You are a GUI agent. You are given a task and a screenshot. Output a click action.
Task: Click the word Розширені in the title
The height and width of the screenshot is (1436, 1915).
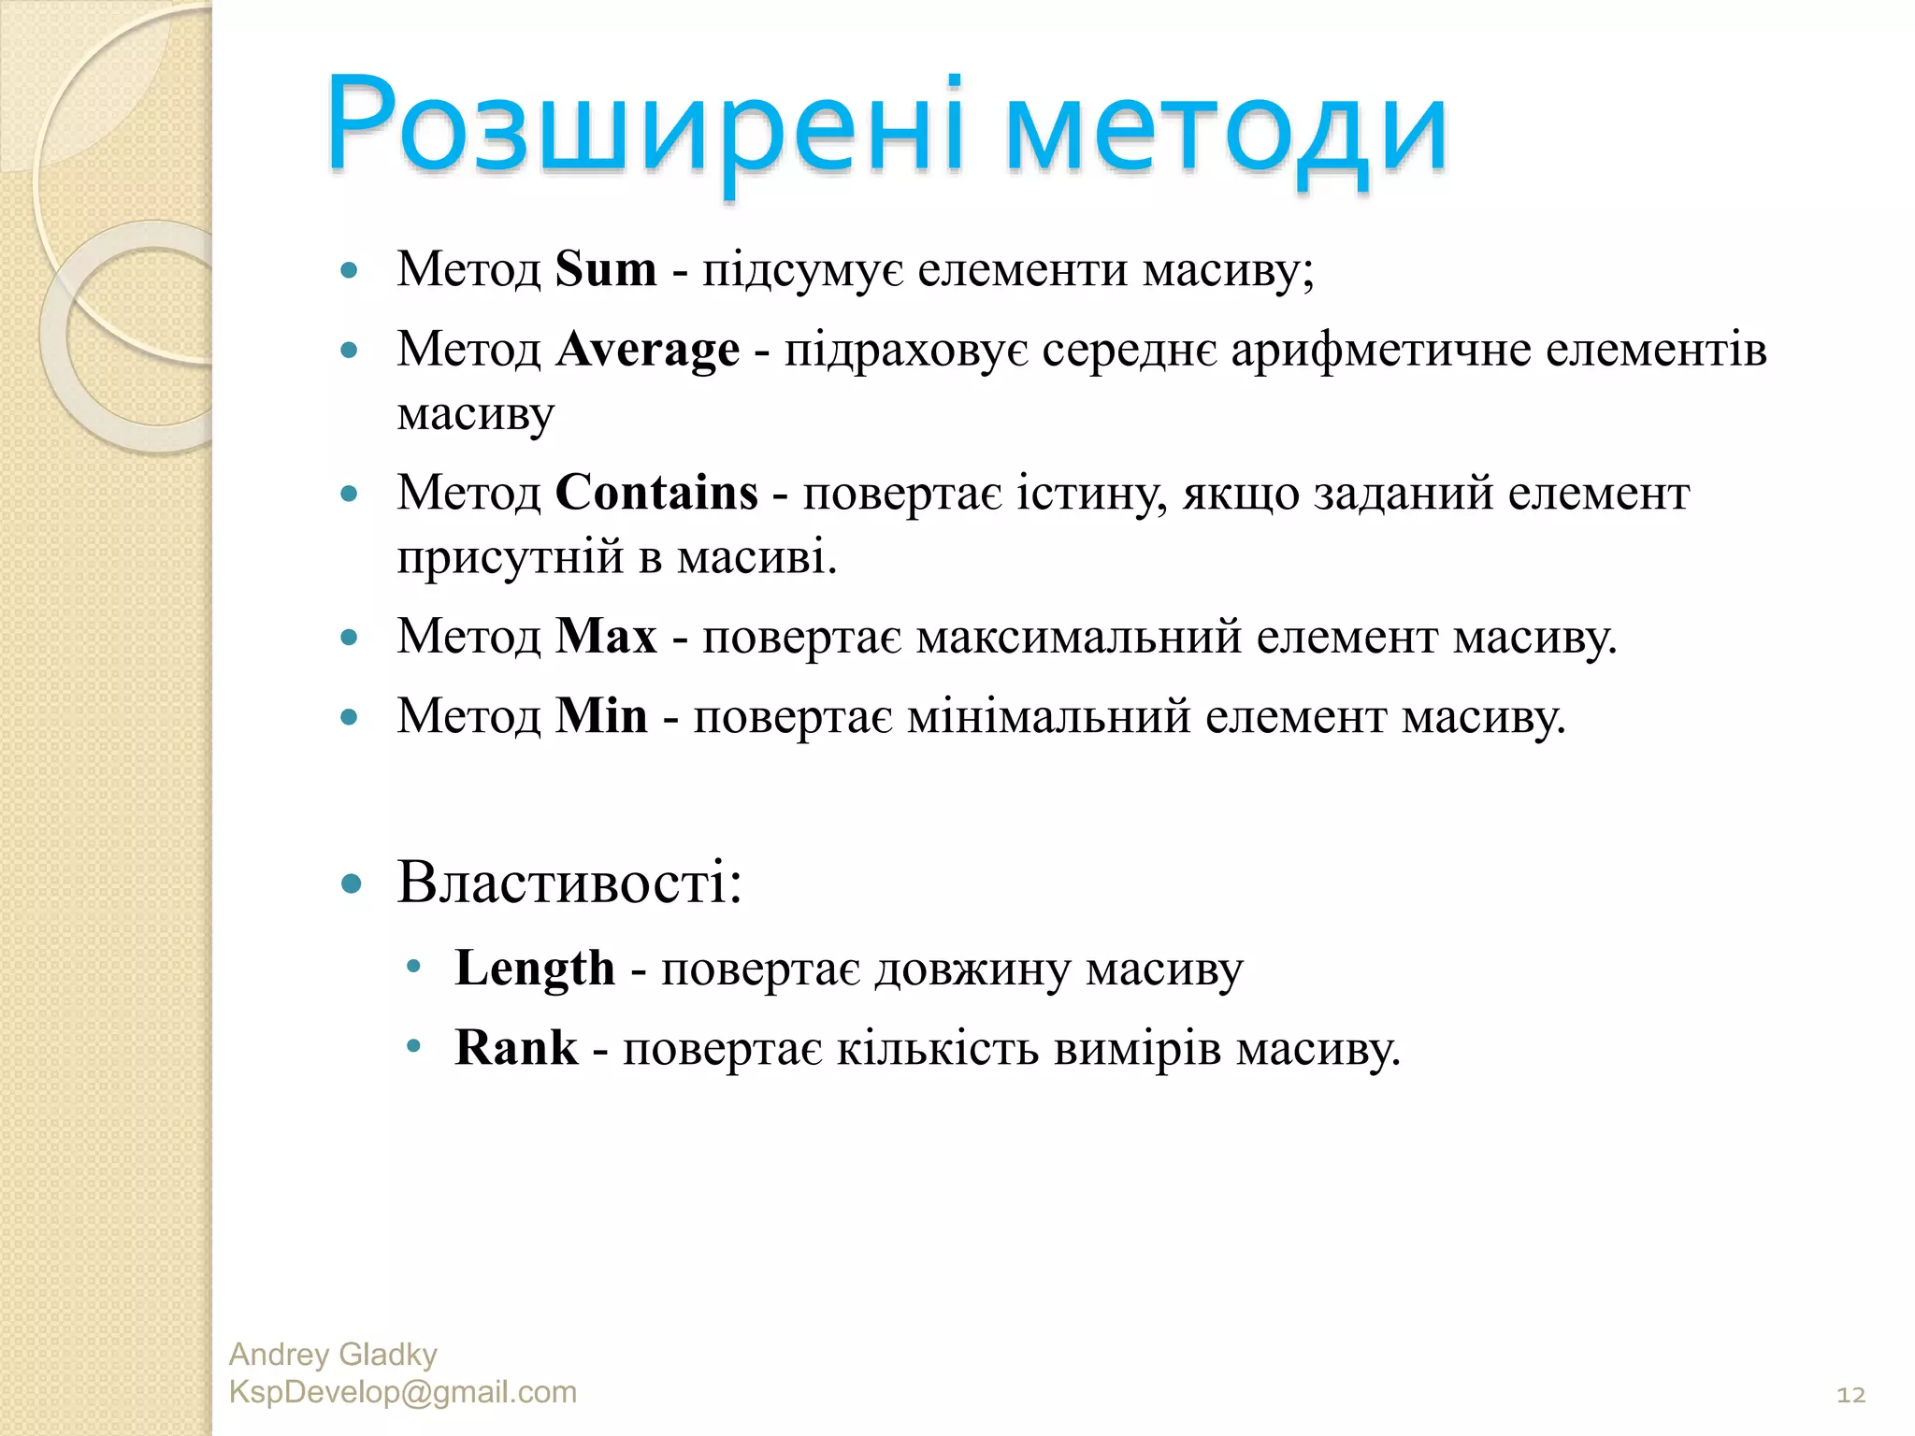point(645,126)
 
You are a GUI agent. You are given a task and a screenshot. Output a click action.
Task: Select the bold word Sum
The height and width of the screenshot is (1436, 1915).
point(606,269)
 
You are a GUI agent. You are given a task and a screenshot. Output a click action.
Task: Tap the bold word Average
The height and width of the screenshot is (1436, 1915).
point(647,351)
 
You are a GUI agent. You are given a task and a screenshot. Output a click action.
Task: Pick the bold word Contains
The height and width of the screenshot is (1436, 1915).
point(656,493)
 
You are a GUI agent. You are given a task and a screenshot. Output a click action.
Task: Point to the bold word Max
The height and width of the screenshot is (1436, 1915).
point(606,637)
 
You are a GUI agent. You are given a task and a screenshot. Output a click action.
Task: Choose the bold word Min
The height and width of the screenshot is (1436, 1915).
point(601,716)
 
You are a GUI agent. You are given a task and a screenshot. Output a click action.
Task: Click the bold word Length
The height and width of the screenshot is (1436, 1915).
point(535,968)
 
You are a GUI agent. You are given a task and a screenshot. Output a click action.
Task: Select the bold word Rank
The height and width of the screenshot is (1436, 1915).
point(516,1047)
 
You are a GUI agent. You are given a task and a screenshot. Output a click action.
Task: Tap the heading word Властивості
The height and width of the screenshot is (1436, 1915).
point(568,882)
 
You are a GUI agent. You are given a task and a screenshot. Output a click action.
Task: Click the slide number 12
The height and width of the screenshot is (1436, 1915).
point(1850,1395)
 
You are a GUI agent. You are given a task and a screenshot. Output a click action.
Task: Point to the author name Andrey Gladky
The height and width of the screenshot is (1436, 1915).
point(333,1354)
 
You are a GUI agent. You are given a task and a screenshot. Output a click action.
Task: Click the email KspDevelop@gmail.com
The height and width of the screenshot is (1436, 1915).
point(403,1392)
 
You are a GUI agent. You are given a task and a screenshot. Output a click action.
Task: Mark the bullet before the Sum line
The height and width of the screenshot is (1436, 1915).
point(350,271)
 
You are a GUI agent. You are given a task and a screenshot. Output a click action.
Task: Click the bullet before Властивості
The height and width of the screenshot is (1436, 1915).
point(351,883)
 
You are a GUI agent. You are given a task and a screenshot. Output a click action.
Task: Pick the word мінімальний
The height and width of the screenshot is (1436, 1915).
point(1048,716)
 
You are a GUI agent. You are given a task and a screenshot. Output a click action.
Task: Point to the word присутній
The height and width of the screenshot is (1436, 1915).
point(511,557)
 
